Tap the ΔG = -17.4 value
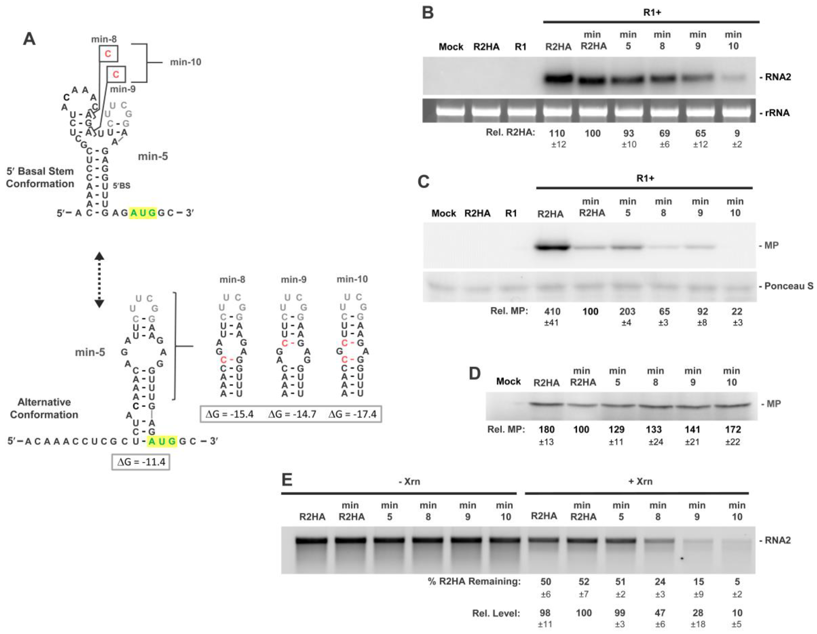[352, 414]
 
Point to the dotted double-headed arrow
[99, 280]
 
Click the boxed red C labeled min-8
[108, 54]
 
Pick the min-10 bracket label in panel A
[186, 62]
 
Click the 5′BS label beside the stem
[122, 186]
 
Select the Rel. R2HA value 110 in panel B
[557, 133]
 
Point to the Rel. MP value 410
[552, 311]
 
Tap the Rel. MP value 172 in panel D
[732, 429]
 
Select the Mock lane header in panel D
[508, 381]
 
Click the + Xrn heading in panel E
[640, 481]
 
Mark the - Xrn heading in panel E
[409, 481]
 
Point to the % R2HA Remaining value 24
[660, 582]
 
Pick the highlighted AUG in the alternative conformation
[162, 441]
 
